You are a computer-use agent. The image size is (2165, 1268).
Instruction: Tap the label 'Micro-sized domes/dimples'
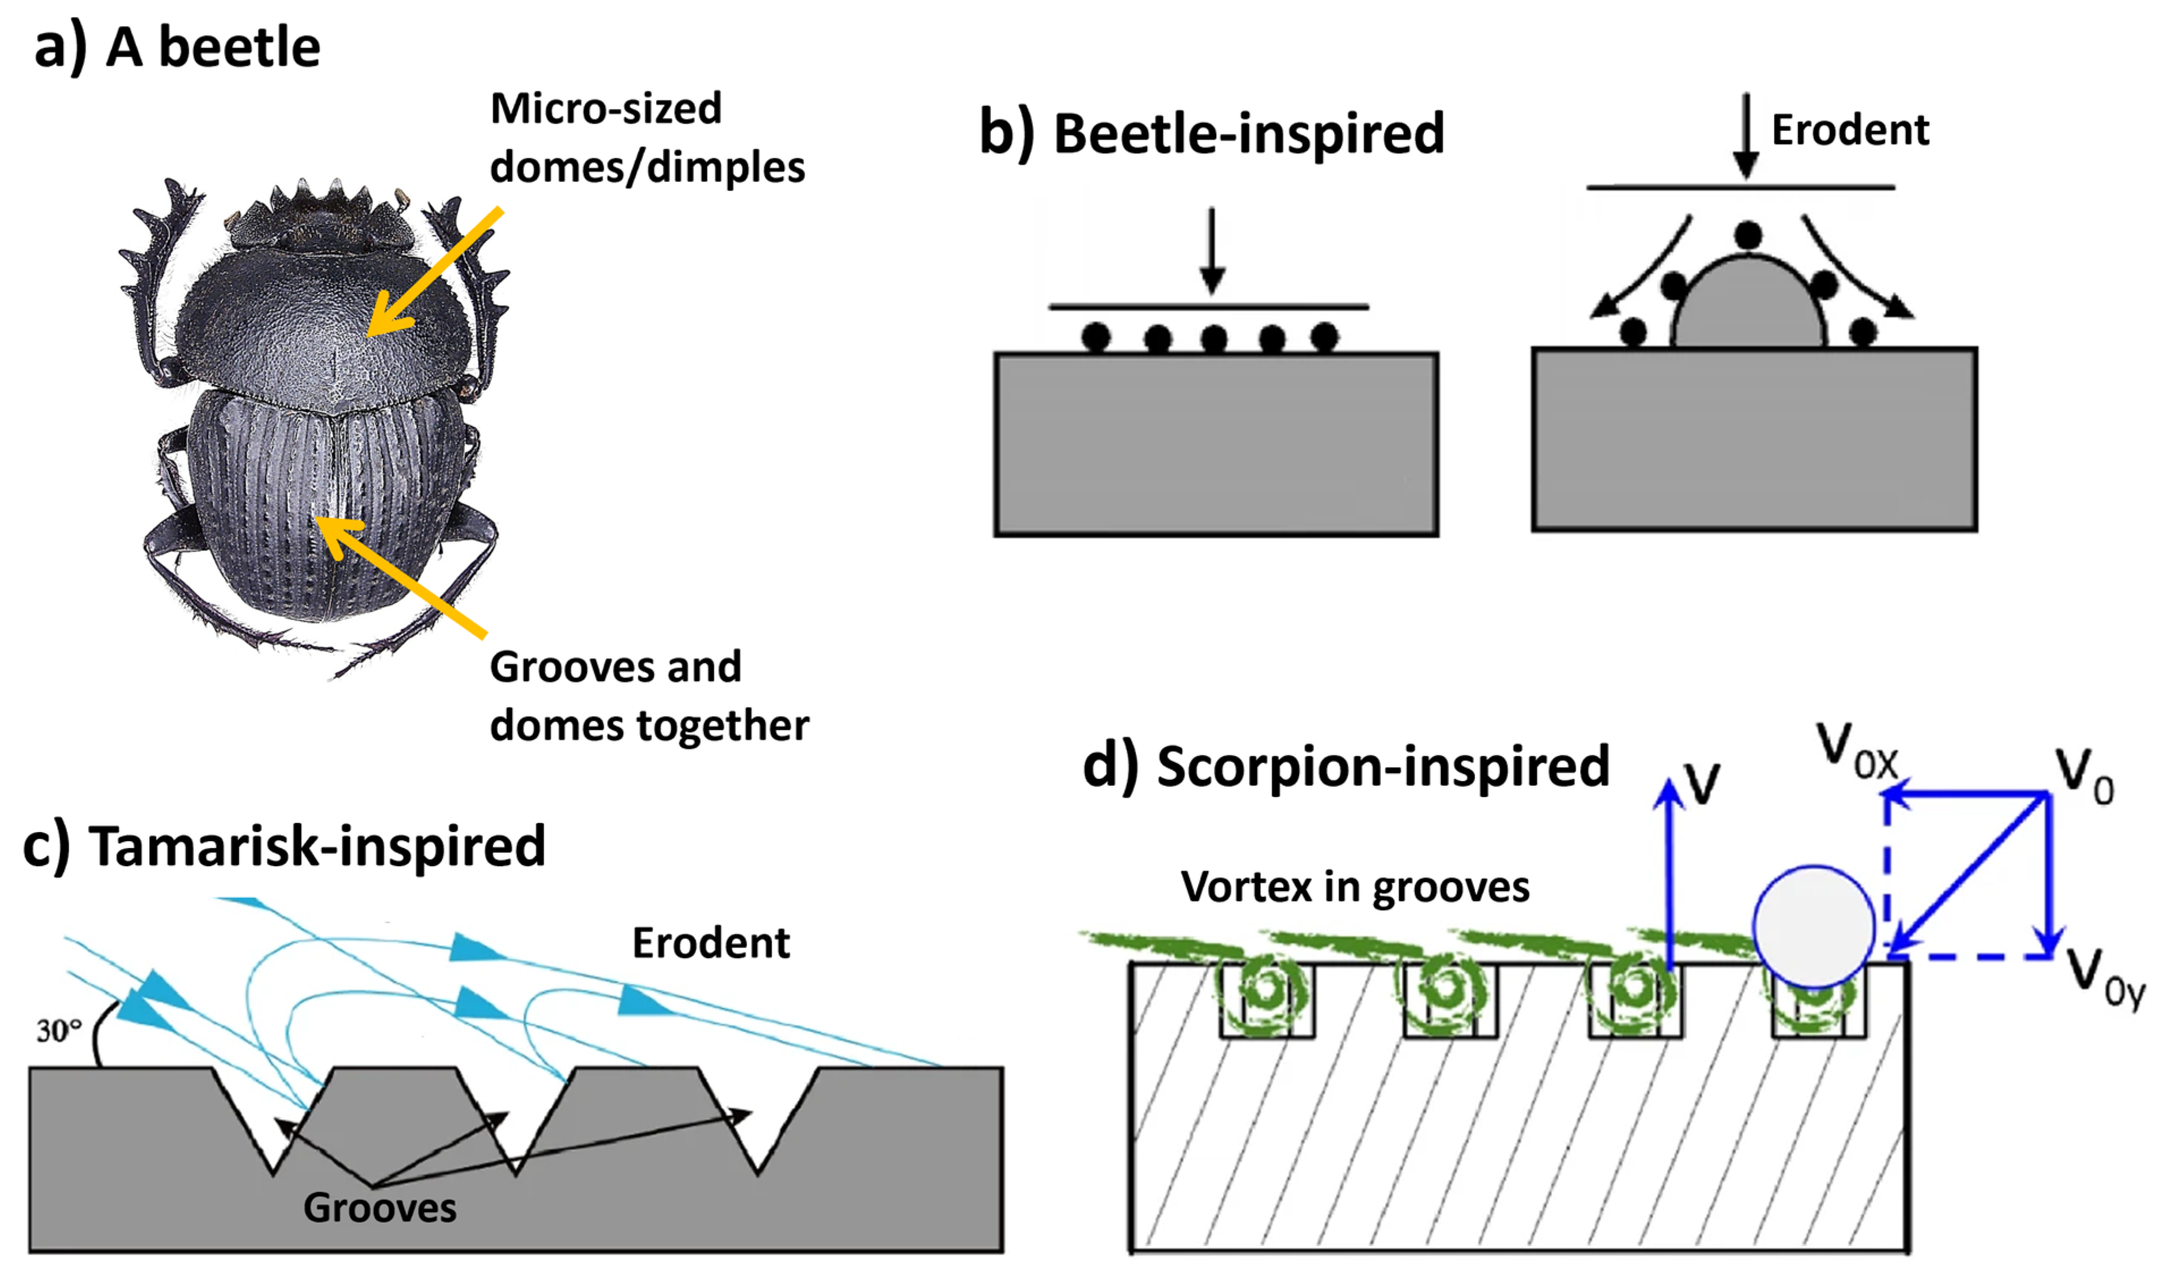[646, 137]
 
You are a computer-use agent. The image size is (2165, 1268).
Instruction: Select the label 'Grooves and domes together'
[648, 696]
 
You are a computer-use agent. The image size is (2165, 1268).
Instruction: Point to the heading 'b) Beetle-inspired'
[1211, 135]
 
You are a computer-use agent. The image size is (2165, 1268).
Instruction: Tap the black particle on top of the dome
[1747, 234]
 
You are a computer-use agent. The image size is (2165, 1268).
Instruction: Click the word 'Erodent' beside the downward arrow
[1850, 130]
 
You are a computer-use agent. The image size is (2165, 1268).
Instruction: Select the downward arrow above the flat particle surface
[1212, 249]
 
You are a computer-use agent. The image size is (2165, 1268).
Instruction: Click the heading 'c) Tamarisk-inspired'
[283, 846]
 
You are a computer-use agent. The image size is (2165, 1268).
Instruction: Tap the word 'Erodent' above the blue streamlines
[710, 943]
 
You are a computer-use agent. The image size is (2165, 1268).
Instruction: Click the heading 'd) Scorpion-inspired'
[1345, 766]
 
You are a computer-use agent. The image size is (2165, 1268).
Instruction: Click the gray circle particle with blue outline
[1813, 927]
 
